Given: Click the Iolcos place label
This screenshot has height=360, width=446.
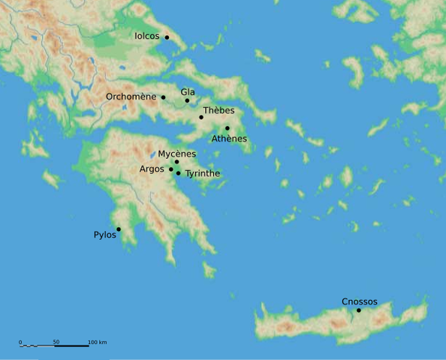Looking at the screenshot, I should click(x=147, y=35).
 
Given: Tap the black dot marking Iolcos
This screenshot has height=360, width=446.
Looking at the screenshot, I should click(x=167, y=37).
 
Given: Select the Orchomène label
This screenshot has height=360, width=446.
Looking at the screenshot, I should click(x=131, y=97).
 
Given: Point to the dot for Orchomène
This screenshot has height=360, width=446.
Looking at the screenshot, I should click(x=163, y=97).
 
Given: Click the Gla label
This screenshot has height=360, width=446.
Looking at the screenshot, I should click(x=187, y=91).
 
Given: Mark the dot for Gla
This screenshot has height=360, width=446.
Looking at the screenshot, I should click(x=187, y=100).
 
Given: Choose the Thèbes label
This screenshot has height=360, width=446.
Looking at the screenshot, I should click(x=218, y=109).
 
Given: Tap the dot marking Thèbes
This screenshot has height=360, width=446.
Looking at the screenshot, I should click(x=201, y=117).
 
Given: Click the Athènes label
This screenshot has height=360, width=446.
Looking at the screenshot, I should click(x=229, y=139).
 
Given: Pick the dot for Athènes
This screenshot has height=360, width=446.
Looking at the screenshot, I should click(x=227, y=128).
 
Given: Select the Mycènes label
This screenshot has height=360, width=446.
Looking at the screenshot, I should click(x=177, y=154).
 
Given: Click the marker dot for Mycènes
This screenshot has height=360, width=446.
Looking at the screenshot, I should click(x=177, y=162).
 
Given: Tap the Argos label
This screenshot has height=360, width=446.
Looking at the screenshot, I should click(x=151, y=169).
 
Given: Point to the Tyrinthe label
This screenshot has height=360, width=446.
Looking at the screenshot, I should click(x=203, y=173).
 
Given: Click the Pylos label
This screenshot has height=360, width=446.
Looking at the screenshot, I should click(x=105, y=235).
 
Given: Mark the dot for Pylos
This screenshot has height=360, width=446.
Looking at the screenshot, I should click(x=119, y=229).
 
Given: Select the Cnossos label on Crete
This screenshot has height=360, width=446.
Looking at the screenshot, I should click(x=359, y=301).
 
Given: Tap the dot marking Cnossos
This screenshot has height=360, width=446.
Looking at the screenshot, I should click(x=359, y=310).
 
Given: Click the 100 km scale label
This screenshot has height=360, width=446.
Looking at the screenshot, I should click(x=97, y=342).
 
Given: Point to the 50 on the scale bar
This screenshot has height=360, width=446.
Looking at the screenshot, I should click(x=56, y=342).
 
